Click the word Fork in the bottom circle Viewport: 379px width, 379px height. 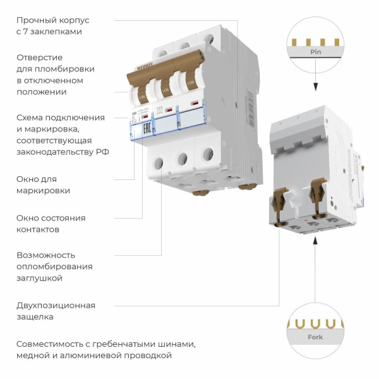tap(315, 337)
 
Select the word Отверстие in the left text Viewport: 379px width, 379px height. tap(39, 57)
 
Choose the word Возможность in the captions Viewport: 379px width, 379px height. tap(46, 255)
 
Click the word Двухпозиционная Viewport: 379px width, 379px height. tap(56, 306)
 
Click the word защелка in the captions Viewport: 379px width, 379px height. tap(35, 317)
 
